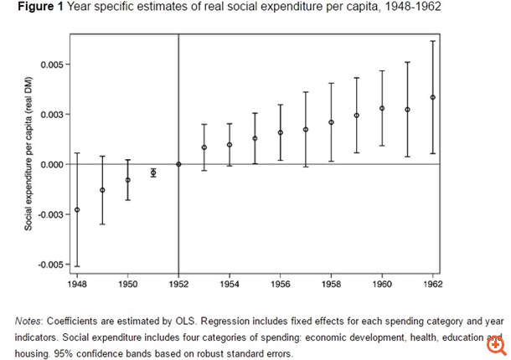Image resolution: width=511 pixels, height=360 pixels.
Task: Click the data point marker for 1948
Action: (77, 209)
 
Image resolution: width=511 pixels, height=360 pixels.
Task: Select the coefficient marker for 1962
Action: (433, 97)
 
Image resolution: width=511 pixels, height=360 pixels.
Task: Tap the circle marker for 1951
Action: (153, 172)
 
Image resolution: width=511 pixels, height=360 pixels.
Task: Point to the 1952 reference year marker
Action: (178, 164)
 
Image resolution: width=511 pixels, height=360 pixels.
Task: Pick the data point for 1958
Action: (331, 122)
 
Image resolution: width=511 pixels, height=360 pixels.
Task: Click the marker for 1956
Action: (281, 132)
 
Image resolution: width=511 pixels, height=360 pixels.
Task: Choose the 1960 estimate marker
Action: (382, 108)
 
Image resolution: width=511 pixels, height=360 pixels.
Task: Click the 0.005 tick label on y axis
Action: (51, 64)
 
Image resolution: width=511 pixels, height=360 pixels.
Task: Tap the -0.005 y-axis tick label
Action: (49, 265)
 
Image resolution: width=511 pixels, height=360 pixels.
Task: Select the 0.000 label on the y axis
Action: (51, 164)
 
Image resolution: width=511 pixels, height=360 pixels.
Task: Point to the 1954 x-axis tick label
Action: (230, 285)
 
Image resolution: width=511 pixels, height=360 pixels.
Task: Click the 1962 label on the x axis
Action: (433, 285)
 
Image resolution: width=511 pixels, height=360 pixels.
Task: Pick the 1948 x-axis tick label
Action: (77, 285)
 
